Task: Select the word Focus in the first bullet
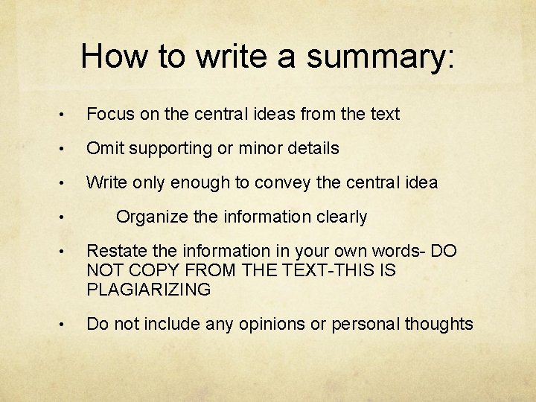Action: [109, 114]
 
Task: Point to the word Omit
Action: [103, 148]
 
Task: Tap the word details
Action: [311, 148]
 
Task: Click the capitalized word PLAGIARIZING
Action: [149, 290]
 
